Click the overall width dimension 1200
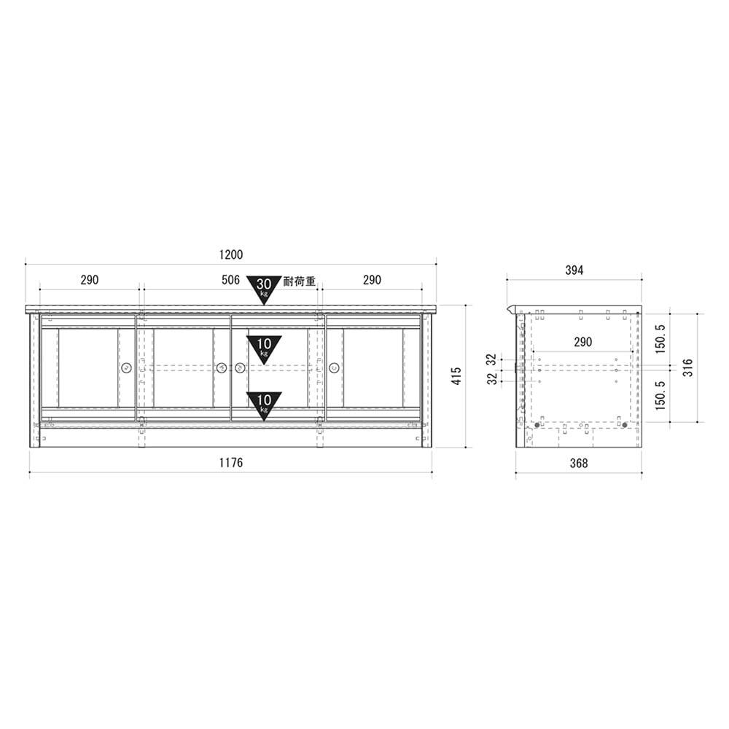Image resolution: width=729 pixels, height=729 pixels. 230,254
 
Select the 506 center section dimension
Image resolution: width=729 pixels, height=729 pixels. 230,280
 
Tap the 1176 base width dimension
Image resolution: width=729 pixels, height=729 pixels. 230,463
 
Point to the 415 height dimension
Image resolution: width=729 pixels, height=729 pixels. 456,375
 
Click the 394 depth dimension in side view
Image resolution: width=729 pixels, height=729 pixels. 574,270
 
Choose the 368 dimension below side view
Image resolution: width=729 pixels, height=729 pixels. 579,463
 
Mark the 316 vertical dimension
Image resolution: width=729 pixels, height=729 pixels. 688,367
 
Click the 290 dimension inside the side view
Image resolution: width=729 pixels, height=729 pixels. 583,342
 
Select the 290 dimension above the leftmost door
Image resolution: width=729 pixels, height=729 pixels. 90,280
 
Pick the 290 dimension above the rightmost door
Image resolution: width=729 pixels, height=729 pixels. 372,280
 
